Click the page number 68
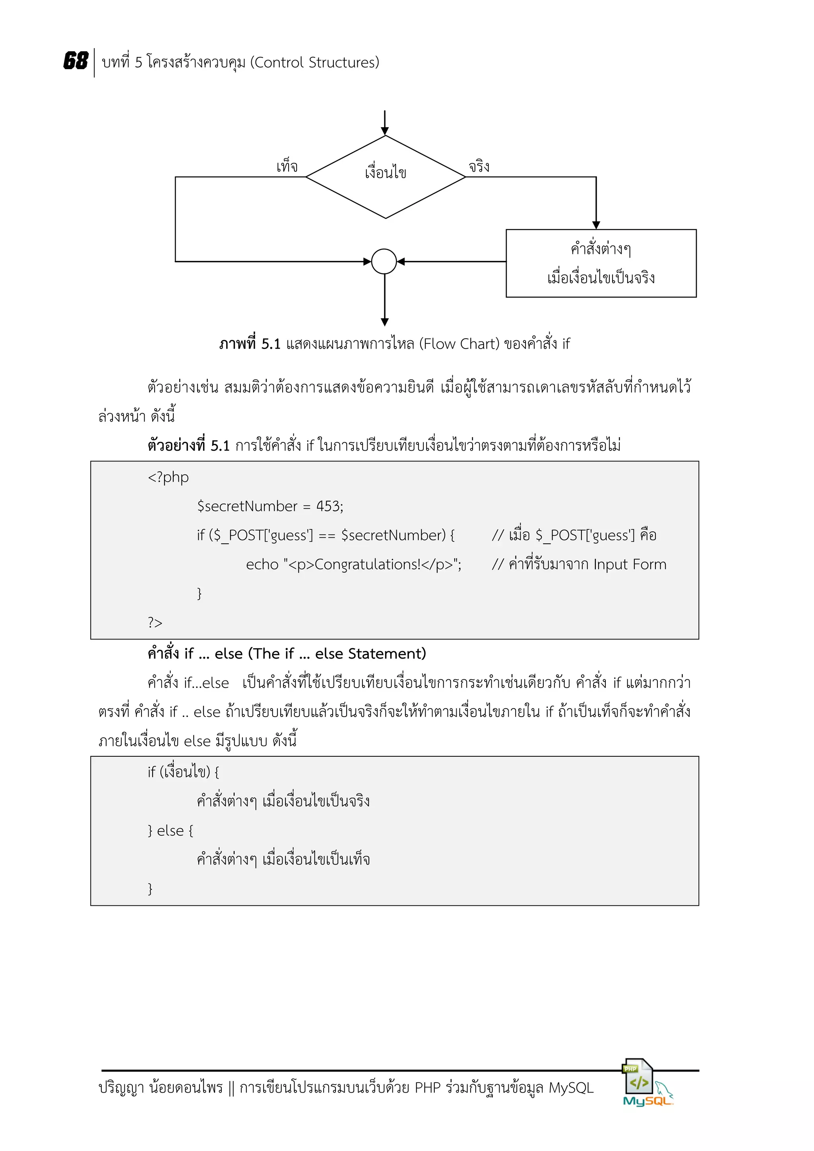click(76, 61)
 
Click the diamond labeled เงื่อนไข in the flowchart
click(385, 176)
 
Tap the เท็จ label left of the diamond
click(287, 166)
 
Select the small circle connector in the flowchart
click(384, 261)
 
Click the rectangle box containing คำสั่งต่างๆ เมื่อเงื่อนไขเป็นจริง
click(601, 263)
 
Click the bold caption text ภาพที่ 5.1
click(250, 344)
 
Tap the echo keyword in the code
click(262, 564)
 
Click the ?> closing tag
click(155, 623)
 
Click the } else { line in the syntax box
click(171, 831)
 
